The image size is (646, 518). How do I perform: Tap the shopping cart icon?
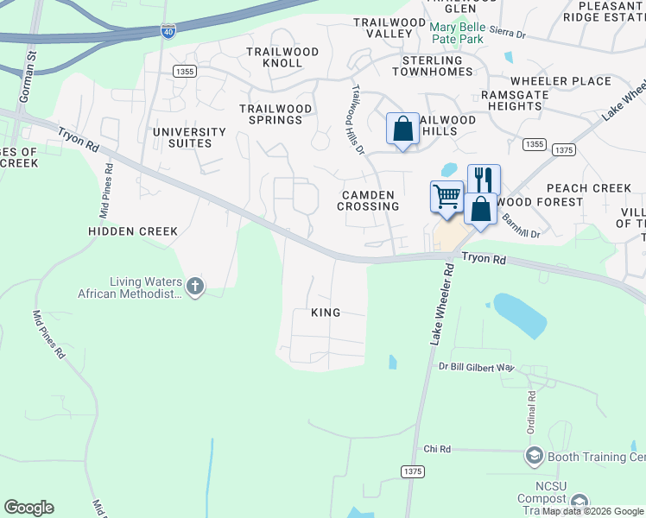coord(446,195)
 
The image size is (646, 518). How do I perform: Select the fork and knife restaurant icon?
coord(484,180)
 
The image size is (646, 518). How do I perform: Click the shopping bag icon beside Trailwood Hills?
coord(402,129)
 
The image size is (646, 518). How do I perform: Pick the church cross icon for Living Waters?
coord(195,286)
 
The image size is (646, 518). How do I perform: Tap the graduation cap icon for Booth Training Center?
coord(535,455)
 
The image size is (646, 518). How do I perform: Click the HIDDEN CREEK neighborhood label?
coord(133,231)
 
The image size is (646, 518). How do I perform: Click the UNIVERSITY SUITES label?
coord(189,138)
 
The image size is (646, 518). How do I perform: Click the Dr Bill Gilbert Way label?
coord(476,368)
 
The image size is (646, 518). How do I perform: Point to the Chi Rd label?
coord(438,449)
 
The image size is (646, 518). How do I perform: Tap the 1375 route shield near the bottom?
coord(412,471)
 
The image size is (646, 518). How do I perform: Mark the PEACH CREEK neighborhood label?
coord(588,188)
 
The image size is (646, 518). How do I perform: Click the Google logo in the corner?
coord(29,508)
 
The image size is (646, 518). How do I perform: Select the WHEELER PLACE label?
coord(567,81)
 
